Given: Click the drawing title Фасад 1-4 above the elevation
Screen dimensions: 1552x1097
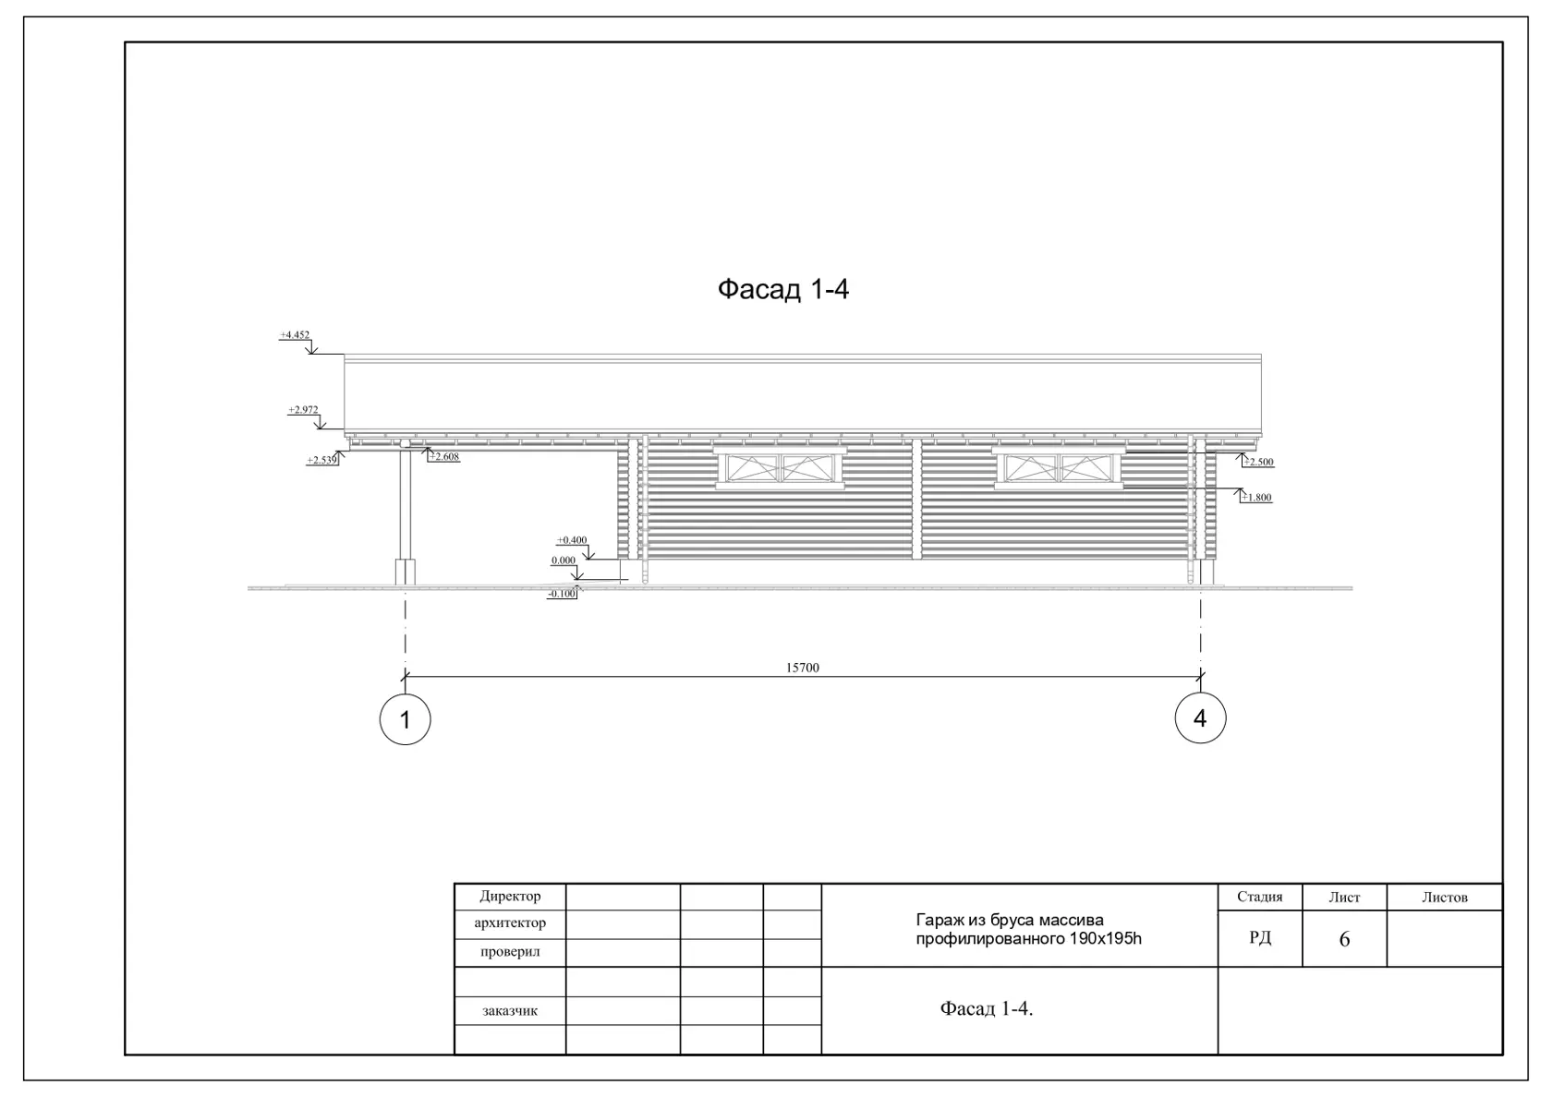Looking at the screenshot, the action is [x=783, y=289].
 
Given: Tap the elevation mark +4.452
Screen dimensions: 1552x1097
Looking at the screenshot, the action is [x=295, y=334].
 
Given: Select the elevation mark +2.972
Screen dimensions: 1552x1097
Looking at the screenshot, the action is [x=303, y=409].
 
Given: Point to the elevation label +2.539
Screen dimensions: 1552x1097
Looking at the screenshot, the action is [x=322, y=460].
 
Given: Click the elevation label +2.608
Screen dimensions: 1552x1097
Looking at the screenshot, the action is [x=444, y=456].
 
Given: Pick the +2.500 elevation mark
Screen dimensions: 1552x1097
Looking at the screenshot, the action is [x=1258, y=462].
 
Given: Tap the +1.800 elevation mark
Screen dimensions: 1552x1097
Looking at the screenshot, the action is [x=1256, y=497].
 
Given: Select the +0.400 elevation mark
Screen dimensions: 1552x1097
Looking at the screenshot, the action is [x=572, y=540].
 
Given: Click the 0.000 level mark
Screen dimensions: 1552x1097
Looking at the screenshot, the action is [x=564, y=561].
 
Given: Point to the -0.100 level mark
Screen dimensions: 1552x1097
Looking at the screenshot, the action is [x=562, y=594].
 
